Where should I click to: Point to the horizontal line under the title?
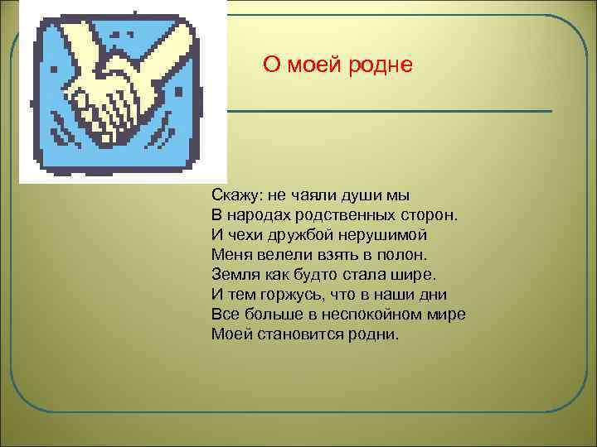390,111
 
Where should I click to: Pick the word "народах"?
258,216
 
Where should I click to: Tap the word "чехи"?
245,235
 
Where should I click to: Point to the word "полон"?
405,255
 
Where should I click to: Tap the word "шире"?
415,275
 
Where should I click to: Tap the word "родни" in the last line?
376,334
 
